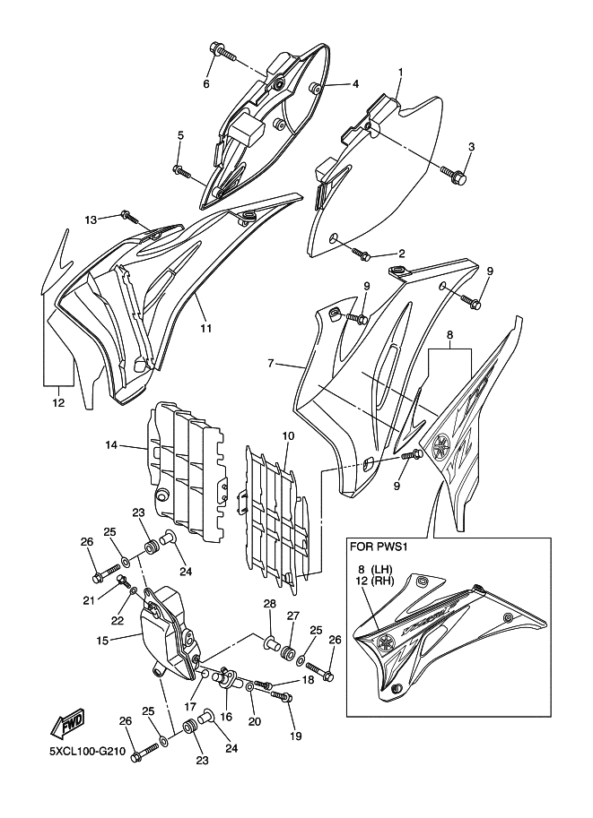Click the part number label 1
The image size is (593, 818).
pos(400,72)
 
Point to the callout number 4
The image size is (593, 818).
pos(355,84)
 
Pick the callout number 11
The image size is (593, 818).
pos(205,328)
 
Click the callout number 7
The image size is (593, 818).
pos(269,365)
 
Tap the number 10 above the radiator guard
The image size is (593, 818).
pos(288,436)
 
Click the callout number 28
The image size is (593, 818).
pos(268,604)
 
